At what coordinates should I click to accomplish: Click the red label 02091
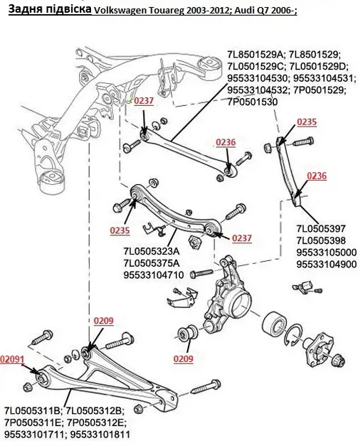[12, 359]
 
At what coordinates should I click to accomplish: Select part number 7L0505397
[321, 228]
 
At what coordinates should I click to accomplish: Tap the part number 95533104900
[327, 265]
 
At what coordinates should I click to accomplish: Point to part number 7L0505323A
[152, 251]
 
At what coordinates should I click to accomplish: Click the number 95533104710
[154, 275]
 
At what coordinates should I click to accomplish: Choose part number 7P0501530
[252, 102]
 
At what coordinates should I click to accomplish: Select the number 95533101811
[100, 434]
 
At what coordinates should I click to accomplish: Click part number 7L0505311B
[32, 411]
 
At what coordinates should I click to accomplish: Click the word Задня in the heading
[25, 9]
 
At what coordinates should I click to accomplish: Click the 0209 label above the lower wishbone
[103, 321]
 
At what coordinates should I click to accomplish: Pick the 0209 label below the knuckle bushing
[184, 358]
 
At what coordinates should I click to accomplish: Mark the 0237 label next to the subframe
[144, 101]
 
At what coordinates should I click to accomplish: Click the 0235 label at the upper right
[307, 122]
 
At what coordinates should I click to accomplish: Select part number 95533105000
[327, 252]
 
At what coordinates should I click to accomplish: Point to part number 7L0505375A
[152, 263]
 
